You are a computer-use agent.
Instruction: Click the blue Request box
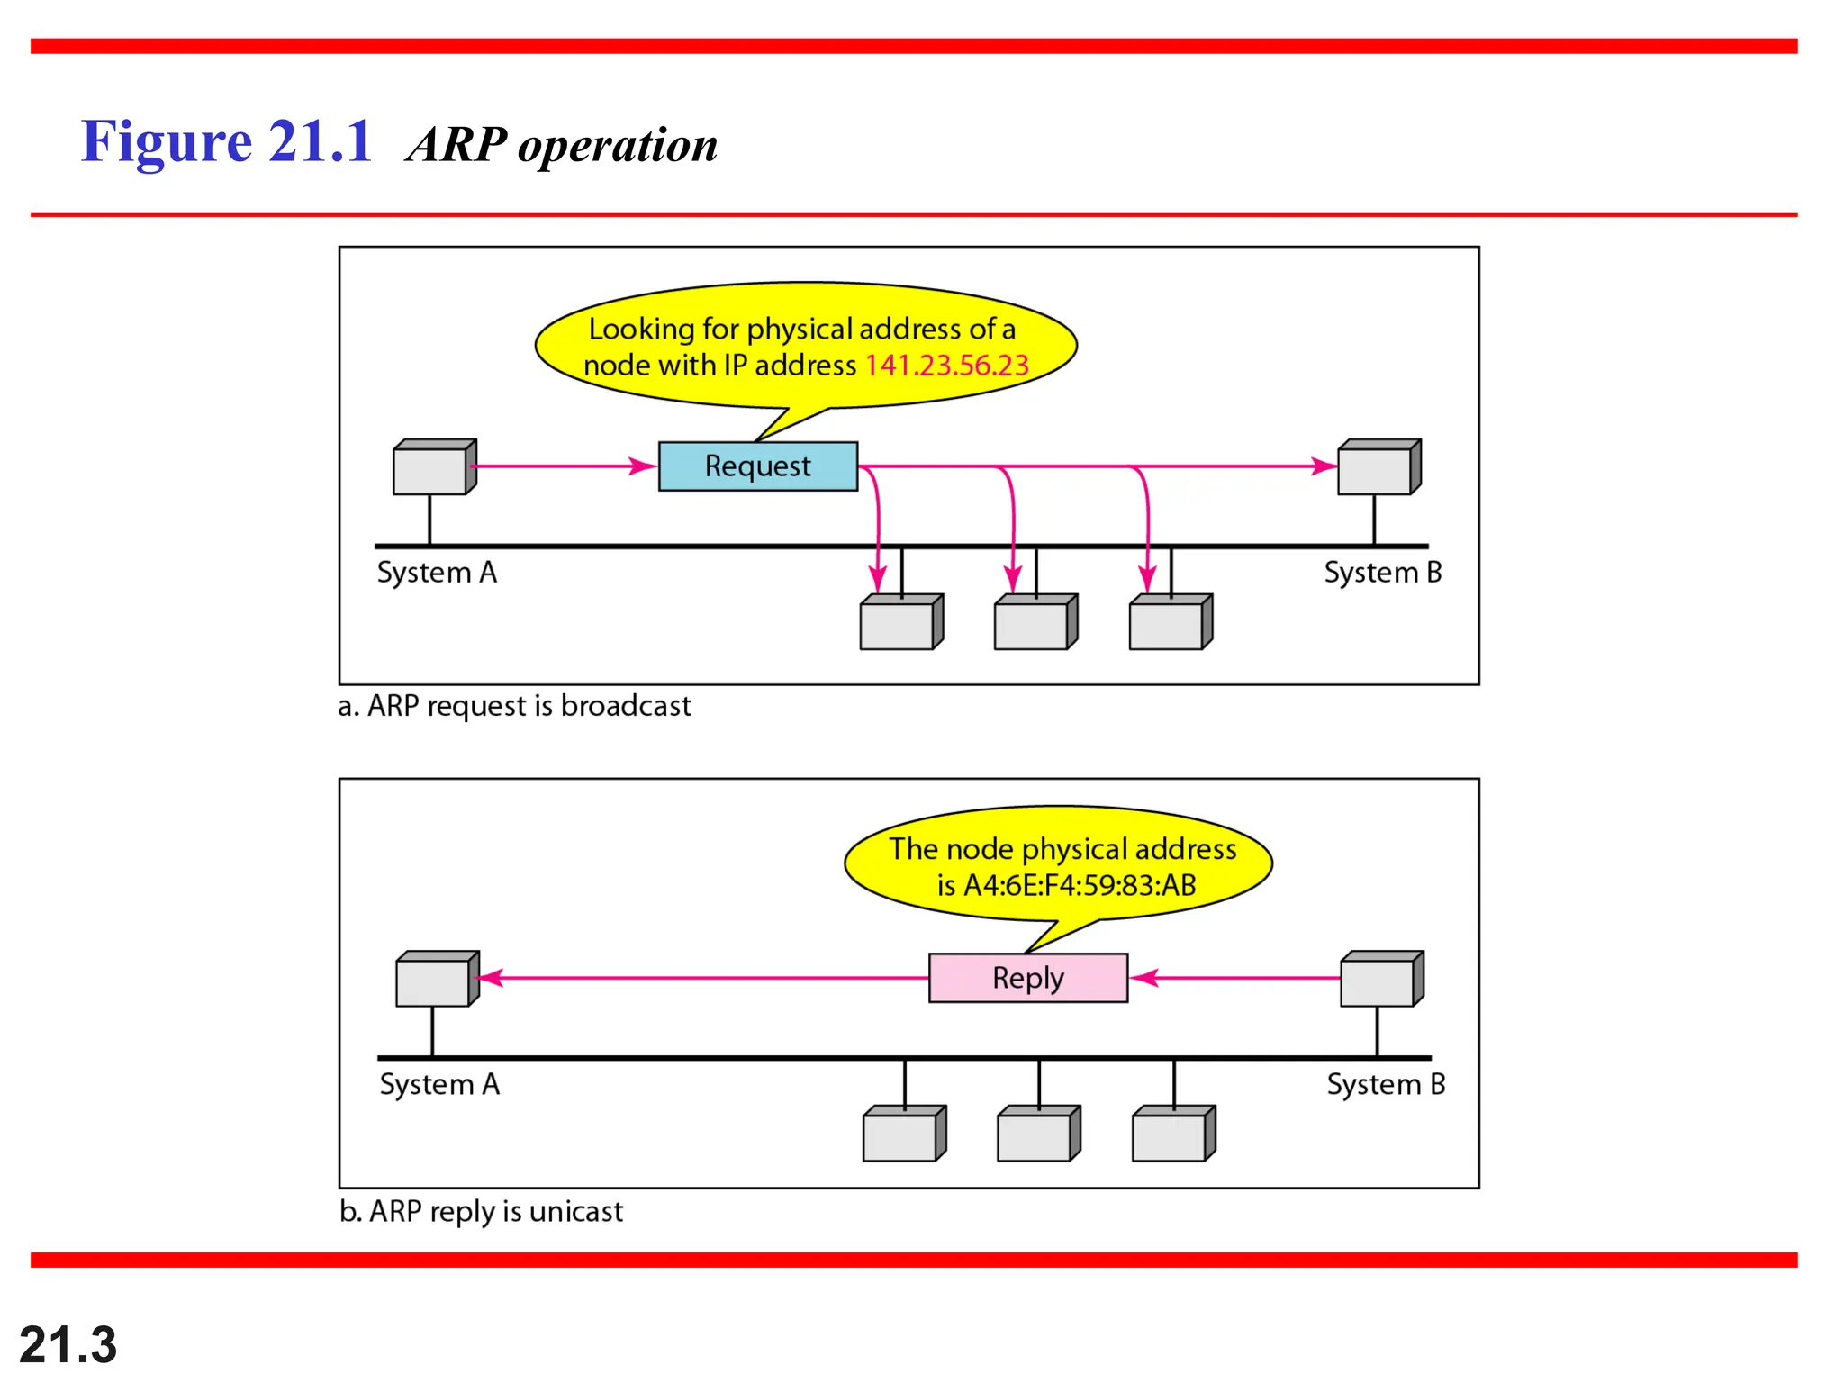pos(757,466)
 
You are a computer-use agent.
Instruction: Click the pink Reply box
pos(1027,977)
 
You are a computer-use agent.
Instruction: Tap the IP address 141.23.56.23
pos(946,365)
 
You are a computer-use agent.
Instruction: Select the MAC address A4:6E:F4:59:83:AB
pos(1079,885)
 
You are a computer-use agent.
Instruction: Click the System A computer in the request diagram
pos(433,467)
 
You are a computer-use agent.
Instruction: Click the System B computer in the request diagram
pos(1378,467)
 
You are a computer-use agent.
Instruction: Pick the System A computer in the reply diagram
pos(436,979)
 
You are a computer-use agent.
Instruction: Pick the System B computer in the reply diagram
pos(1380,979)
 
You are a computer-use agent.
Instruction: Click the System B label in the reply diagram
pos(1386,1084)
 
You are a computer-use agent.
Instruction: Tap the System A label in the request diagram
pos(437,573)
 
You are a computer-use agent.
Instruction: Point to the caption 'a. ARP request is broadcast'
pos(514,705)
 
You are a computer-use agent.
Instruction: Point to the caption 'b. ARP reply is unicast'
pos(481,1211)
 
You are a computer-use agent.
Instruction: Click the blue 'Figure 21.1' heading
pos(227,141)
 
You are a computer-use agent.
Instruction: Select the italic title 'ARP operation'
pos(563,144)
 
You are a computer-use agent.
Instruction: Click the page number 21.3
pos(68,1345)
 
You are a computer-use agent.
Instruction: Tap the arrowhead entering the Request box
pos(644,466)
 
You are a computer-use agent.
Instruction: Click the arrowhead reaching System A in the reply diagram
pos(491,978)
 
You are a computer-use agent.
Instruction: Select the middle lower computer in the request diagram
pos(1035,622)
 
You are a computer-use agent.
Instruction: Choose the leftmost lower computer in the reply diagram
pos(903,1134)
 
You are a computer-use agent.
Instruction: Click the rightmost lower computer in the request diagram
pos(1170,622)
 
